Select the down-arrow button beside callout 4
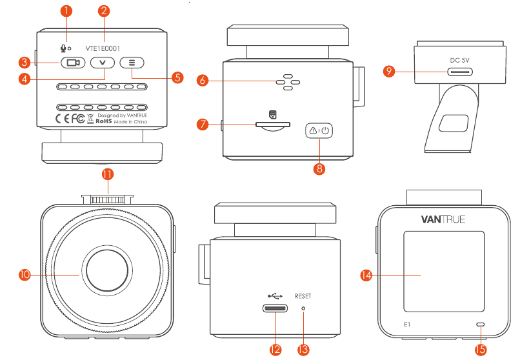click(103, 63)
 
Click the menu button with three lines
click(132, 63)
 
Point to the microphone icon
click(63, 47)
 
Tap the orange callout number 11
click(107, 174)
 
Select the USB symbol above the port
click(274, 296)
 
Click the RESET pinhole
click(304, 308)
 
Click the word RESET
click(303, 296)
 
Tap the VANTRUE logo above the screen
click(443, 219)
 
